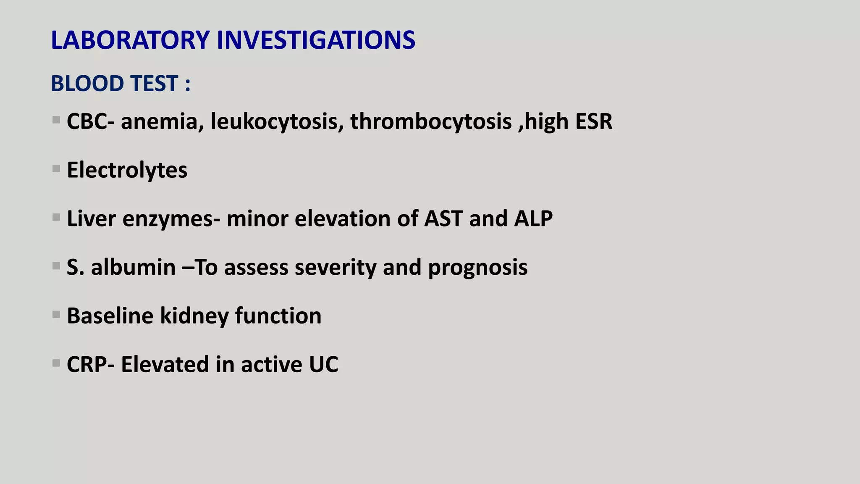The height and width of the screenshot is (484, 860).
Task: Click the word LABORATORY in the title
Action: pyautogui.click(x=130, y=40)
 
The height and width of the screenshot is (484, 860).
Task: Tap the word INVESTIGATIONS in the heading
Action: pyautogui.click(x=316, y=40)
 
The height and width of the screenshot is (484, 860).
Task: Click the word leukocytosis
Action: pyautogui.click(x=277, y=122)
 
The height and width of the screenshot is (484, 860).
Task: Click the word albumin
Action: pyautogui.click(x=133, y=267)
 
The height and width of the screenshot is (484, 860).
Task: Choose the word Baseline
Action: pyautogui.click(x=110, y=316)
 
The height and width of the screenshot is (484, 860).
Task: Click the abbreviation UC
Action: pyautogui.click(x=324, y=364)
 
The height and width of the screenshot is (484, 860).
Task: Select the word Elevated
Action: pyautogui.click(x=165, y=364)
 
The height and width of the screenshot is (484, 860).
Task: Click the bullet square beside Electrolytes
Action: pyautogui.click(x=56, y=169)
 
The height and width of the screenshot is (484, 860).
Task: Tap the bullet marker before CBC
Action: pyautogui.click(x=56, y=120)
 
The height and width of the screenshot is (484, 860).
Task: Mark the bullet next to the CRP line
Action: pyautogui.click(x=56, y=363)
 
